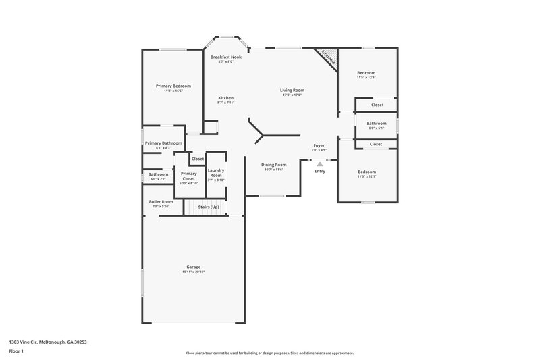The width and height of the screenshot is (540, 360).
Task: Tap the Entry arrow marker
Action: pos(320,163)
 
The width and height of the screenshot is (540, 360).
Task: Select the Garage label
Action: pos(193,267)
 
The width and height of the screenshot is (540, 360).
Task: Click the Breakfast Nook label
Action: pos(225,57)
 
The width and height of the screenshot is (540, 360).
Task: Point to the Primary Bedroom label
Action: pos(173,86)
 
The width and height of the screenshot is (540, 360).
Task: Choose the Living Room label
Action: pos(292,90)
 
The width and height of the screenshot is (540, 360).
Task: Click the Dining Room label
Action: pos(274,164)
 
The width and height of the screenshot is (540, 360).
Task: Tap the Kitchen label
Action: pos(225,98)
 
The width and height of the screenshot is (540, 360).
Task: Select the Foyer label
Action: pos(319,145)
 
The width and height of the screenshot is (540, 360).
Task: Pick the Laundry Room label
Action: pos(216,172)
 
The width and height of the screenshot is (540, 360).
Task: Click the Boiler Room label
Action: pos(161,201)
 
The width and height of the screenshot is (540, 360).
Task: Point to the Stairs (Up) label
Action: pos(209,206)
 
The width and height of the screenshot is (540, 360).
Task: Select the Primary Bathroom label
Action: pos(163,143)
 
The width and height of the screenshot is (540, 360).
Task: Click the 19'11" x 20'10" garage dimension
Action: pos(193,272)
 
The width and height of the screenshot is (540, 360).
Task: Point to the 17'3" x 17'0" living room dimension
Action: pos(292,95)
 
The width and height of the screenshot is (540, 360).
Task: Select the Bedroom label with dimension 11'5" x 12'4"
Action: pos(367,72)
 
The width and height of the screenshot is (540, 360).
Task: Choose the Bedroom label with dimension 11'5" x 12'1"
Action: pos(367,172)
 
